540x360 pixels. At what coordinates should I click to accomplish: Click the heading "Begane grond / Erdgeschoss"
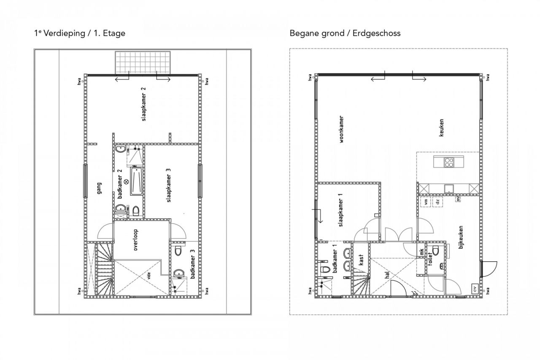click(345, 33)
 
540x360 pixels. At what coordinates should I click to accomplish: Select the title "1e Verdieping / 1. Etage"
click(80, 33)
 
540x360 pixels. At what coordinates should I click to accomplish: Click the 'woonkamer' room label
click(341, 130)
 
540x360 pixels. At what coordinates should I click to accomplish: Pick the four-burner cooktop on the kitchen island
click(448, 162)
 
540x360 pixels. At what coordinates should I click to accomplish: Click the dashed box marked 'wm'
click(426, 202)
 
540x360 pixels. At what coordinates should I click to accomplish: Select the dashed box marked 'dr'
click(437, 202)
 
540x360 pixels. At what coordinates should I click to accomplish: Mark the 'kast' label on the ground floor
click(361, 260)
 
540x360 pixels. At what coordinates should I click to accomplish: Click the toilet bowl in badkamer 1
click(325, 270)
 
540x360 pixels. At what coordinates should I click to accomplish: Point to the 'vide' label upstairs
click(148, 276)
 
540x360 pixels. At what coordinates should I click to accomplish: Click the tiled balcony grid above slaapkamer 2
click(143, 62)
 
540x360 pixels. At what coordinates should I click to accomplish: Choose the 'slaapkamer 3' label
click(168, 186)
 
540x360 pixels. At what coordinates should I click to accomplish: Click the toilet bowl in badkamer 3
click(178, 252)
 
